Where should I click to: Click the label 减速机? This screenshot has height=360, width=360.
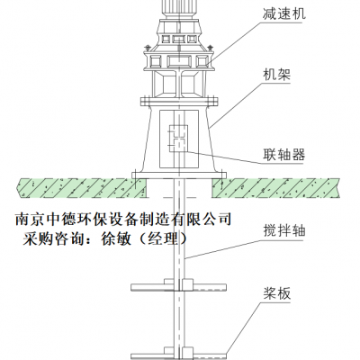point(284,13)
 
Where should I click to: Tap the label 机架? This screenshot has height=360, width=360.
point(277,75)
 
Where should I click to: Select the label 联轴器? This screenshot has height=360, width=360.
point(283,155)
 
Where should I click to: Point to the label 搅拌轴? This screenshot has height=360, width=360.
point(284,231)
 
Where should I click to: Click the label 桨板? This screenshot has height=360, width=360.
point(277,293)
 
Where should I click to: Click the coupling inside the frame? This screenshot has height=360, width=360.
point(178,138)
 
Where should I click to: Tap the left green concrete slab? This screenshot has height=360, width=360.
point(82,188)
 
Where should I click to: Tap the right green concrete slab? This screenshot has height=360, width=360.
point(276,188)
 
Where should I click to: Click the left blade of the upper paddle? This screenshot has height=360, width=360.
point(148,287)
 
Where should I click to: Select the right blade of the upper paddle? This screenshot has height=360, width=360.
point(210,287)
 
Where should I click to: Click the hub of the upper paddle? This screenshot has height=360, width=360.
point(179,284)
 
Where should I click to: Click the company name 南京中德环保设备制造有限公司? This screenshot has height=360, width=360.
point(123,219)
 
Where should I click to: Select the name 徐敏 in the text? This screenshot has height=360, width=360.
point(116,239)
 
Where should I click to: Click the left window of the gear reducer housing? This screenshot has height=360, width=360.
point(156,62)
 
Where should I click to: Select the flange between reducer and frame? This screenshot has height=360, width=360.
point(179,101)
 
